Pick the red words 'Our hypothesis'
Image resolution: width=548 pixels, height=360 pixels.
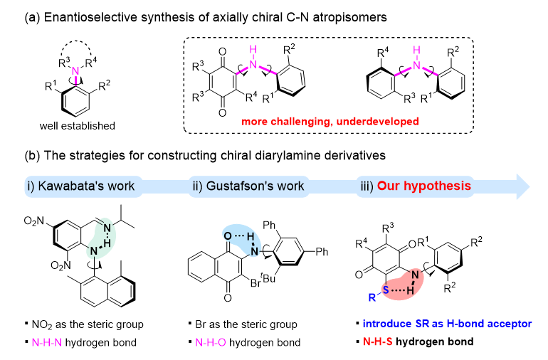(424, 186)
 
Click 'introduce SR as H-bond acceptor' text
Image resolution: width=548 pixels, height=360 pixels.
(440, 325)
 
